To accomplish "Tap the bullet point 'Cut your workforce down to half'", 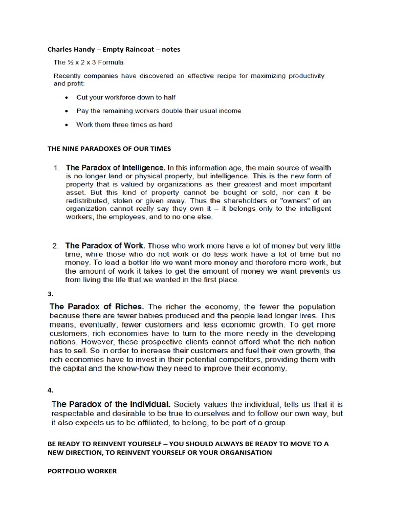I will (x=126, y=97).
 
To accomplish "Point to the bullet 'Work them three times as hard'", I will (x=124, y=124).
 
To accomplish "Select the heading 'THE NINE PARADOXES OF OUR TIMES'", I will (x=109, y=149).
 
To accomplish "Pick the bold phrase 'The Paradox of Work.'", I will (x=105, y=246).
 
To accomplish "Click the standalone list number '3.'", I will (x=51, y=294).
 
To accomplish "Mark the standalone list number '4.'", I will (x=51, y=390).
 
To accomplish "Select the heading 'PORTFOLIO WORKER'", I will (x=82, y=471).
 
